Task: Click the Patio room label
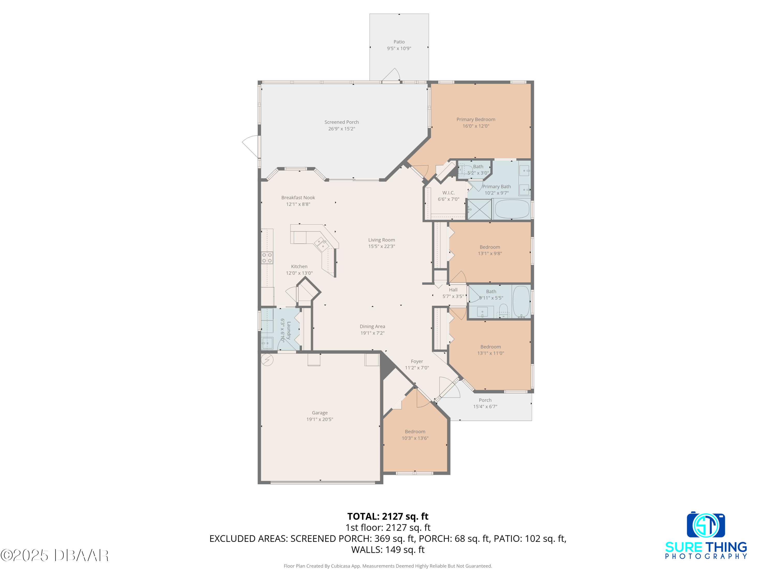click(x=399, y=42)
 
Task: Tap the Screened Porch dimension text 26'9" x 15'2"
click(x=341, y=129)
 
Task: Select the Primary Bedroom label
click(x=476, y=119)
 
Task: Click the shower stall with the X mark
click(x=480, y=210)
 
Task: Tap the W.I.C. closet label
click(x=448, y=193)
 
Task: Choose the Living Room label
click(x=381, y=240)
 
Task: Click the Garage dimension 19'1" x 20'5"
click(x=320, y=419)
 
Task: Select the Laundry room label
click(x=289, y=331)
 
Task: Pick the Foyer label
click(x=417, y=361)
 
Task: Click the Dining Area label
click(x=372, y=327)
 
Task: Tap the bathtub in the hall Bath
click(x=521, y=301)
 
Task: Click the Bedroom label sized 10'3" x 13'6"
click(x=415, y=431)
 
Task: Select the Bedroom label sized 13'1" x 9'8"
click(x=490, y=247)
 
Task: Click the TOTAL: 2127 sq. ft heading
click(x=388, y=516)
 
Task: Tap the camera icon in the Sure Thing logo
click(x=706, y=525)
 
